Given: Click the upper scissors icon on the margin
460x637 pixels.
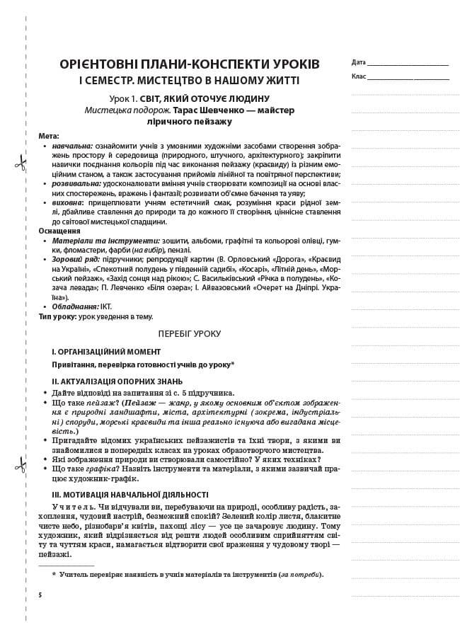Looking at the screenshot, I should coord(20,164).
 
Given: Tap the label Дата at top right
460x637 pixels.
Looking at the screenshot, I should coord(358,62).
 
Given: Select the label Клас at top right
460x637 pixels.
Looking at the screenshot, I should coord(358,76).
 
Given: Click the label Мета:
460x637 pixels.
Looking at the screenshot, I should coord(49,136).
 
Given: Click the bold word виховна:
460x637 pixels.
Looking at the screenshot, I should coord(68,202).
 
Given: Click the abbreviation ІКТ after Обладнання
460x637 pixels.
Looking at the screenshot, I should coord(106,306).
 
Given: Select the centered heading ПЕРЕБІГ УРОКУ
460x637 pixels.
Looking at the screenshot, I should coord(190,333).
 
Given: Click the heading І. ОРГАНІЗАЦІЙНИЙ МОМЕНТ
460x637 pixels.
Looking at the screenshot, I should coord(105,351).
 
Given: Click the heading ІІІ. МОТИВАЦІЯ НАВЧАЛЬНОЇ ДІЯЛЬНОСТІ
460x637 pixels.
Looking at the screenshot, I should coord(130,495).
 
